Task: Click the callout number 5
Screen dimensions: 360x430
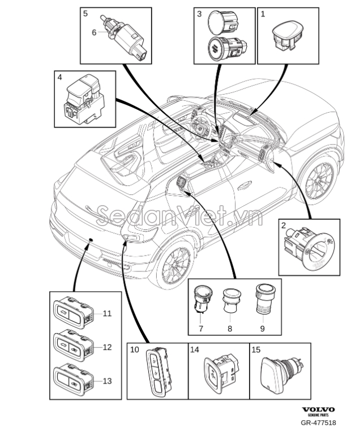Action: (85, 14)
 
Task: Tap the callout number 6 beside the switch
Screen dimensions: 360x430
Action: (94, 33)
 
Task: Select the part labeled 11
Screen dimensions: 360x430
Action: (74, 313)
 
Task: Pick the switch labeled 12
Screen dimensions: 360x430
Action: (74, 346)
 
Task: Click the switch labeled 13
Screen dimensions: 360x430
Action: (74, 380)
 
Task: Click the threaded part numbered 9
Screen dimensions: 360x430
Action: (265, 299)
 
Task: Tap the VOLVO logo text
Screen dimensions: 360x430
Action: (318, 410)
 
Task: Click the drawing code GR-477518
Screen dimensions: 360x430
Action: (318, 423)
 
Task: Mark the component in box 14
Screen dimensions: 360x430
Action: (222, 373)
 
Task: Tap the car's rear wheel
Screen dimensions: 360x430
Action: (175, 265)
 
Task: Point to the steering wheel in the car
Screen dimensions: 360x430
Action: (200, 127)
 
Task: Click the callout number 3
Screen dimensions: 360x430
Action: (199, 14)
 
